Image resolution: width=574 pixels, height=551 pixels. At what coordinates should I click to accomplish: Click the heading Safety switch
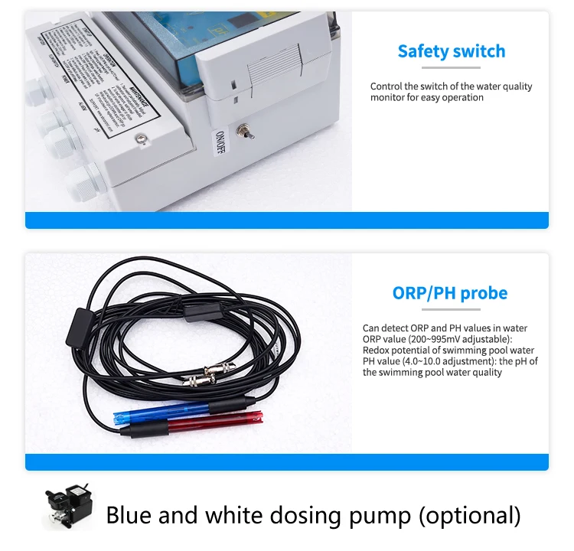click(x=451, y=52)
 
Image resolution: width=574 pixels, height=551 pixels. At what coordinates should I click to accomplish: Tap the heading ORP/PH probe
click(x=449, y=293)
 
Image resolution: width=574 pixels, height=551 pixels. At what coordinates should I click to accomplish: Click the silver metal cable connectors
click(x=209, y=372)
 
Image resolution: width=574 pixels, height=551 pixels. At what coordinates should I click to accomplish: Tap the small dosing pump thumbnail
click(x=67, y=509)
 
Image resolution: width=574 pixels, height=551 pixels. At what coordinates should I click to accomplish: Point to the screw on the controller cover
click(x=140, y=138)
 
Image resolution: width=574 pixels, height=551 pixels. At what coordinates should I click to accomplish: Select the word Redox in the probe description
click(x=376, y=350)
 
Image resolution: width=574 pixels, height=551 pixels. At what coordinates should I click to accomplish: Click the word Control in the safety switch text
click(x=387, y=86)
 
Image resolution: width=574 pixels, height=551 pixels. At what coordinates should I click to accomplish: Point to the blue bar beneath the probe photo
click(x=286, y=461)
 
